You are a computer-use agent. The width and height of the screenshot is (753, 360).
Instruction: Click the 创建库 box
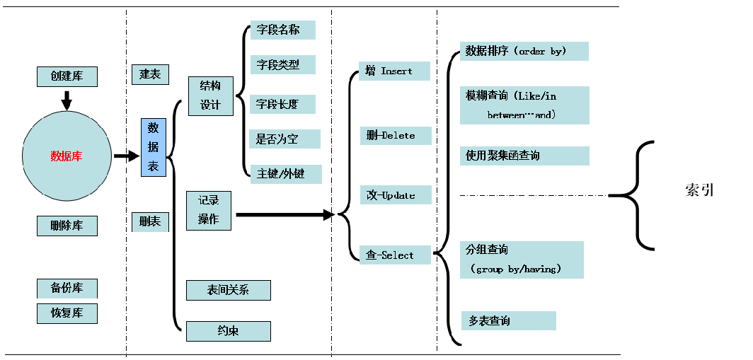coord(67,76)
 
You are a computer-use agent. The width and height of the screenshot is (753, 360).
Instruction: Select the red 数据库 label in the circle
coord(67,156)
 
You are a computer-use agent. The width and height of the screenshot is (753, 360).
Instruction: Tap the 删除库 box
coord(67,226)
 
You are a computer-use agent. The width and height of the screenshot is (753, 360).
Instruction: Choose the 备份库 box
coord(67,289)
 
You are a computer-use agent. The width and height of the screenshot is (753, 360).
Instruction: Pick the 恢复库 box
coord(67,313)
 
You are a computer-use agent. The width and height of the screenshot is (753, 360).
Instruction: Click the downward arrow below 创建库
coord(67,100)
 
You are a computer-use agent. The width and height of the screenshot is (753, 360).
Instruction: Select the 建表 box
coord(150,74)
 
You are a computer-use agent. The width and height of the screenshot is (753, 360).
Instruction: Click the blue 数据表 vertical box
coord(153,147)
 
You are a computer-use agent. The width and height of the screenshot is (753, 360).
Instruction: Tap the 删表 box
coord(150,222)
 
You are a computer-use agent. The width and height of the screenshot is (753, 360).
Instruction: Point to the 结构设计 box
coord(210,95)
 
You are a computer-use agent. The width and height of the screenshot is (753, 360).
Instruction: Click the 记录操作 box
coord(209,210)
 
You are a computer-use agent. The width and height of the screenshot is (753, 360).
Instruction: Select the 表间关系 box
coord(228,290)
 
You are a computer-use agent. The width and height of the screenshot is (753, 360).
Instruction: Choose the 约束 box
coord(228,331)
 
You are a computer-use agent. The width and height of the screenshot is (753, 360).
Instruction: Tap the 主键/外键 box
coord(286,174)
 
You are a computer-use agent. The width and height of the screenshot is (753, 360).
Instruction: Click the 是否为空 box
coord(284,139)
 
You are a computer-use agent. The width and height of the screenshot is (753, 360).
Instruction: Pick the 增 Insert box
coord(394,71)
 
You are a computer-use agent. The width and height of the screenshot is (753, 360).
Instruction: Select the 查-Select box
coord(394,255)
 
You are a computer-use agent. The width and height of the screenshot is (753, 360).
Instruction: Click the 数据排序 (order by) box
coord(524,52)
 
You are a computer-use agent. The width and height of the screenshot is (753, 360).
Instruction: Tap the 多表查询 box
coord(508,321)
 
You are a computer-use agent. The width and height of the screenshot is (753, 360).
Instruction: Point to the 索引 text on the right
coord(699,190)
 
